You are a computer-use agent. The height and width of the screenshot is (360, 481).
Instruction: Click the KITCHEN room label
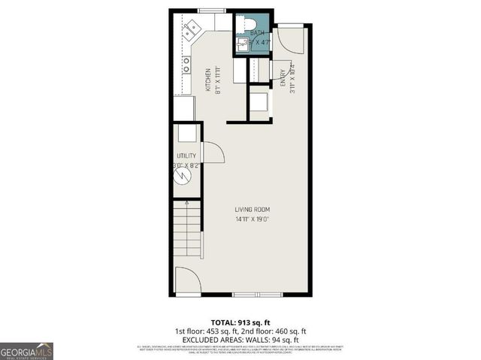tap(208, 81)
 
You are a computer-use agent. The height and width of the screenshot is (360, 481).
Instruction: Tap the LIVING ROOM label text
tap(252, 210)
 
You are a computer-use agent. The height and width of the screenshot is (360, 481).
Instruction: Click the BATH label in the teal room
tap(256, 33)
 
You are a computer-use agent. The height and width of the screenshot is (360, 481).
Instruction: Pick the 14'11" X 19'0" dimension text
tap(252, 219)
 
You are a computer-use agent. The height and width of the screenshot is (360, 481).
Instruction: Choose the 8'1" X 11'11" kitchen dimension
tap(218, 81)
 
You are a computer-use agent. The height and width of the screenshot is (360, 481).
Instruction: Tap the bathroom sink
tap(242, 43)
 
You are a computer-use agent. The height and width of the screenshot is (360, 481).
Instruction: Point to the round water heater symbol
tap(183, 176)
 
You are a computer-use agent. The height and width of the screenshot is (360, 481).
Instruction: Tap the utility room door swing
tap(212, 153)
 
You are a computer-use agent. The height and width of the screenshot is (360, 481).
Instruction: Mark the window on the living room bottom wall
tap(257, 295)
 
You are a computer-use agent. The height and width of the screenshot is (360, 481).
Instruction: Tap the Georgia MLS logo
tap(26, 351)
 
